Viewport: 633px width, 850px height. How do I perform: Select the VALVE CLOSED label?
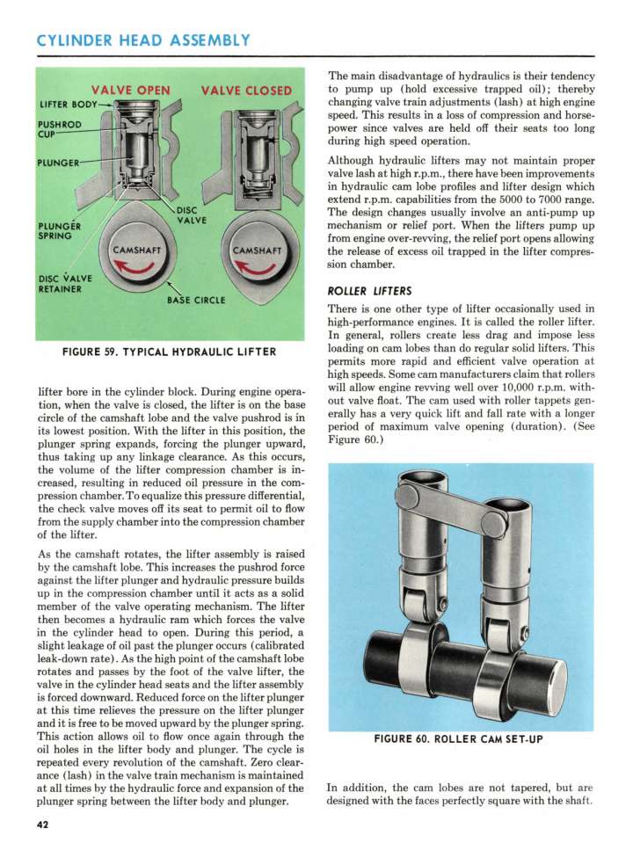tap(246, 90)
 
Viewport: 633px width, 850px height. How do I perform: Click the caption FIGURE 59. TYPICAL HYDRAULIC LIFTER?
tap(169, 352)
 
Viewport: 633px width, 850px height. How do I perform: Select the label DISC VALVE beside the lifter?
tap(192, 214)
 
